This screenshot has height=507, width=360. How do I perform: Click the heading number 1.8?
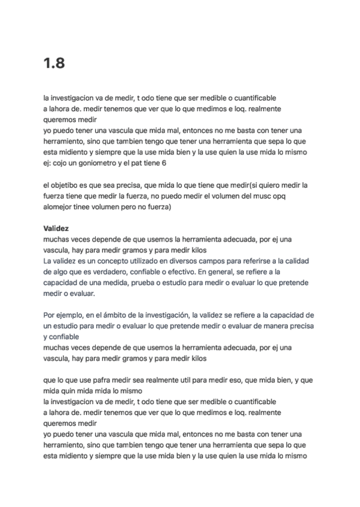(x=54, y=64)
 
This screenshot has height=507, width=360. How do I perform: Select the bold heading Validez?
(x=56, y=228)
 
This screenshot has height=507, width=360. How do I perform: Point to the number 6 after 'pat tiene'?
(x=164, y=163)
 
